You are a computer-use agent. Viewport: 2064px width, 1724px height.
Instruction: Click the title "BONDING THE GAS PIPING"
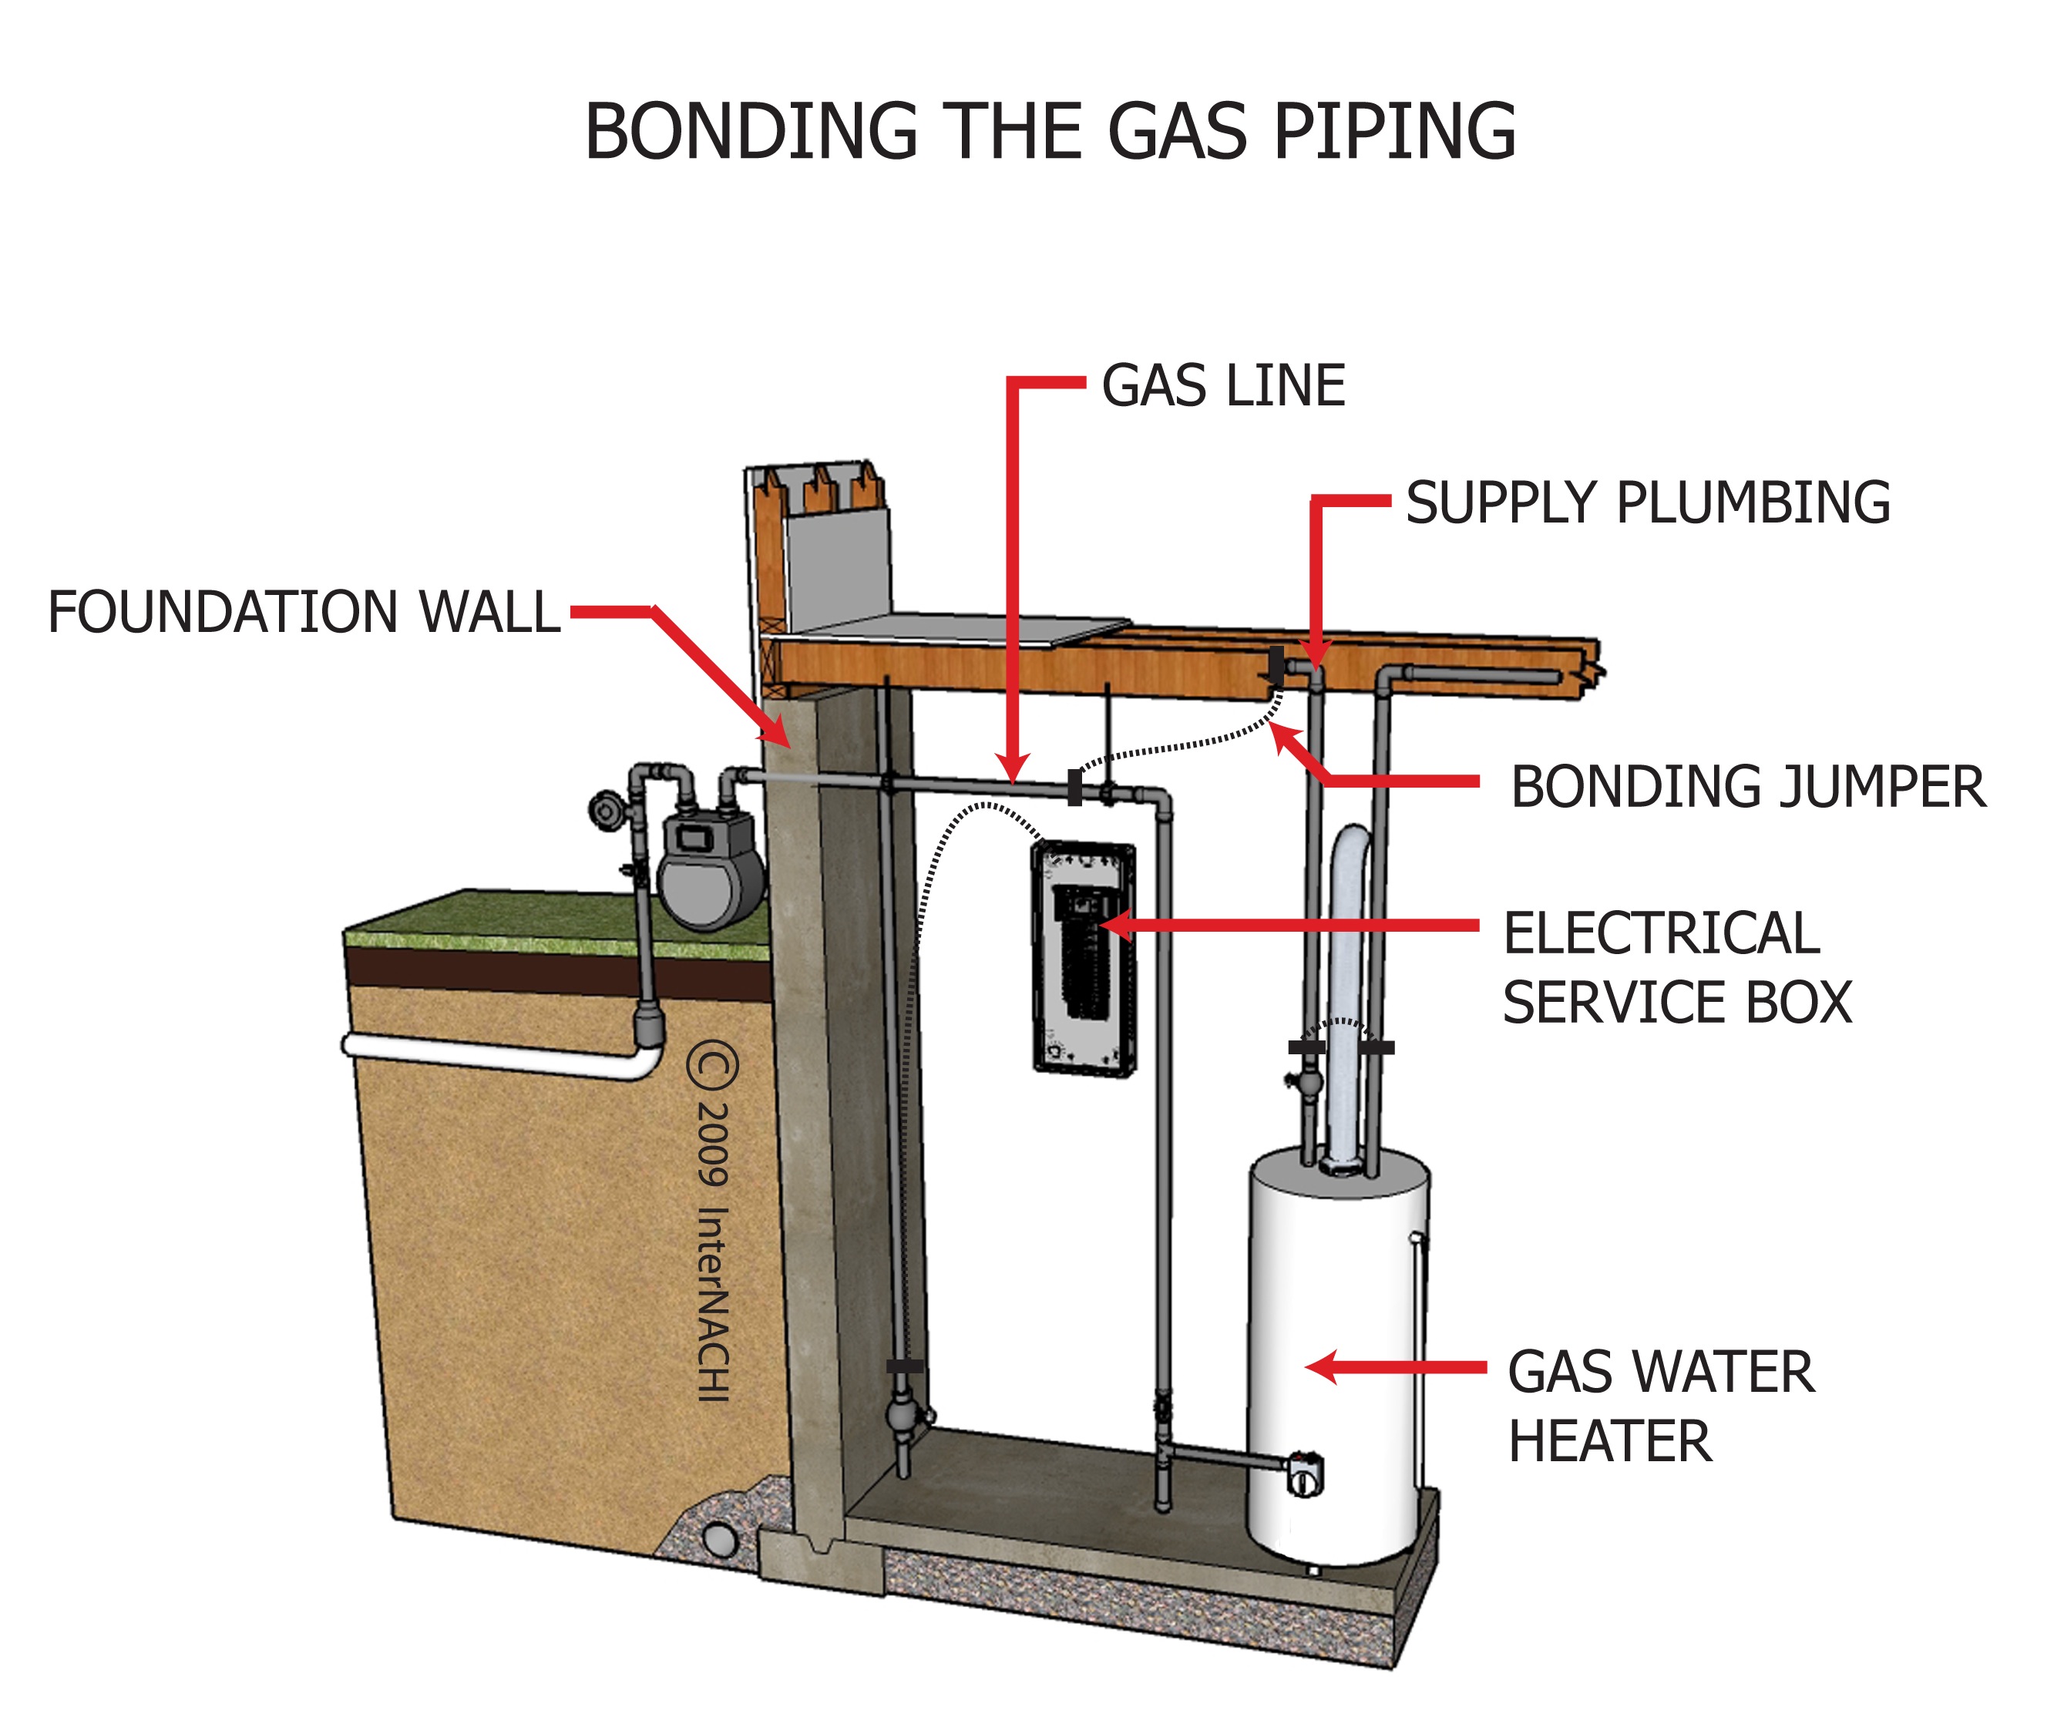pyautogui.click(x=1050, y=131)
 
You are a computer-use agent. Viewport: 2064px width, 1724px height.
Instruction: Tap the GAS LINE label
pyautogui.click(x=1222, y=385)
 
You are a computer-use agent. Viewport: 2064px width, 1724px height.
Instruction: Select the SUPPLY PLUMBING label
pyautogui.click(x=1647, y=503)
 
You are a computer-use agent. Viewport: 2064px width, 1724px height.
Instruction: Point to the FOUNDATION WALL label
pyautogui.click(x=304, y=613)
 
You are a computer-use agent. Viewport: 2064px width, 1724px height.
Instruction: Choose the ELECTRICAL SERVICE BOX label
pyautogui.click(x=1677, y=967)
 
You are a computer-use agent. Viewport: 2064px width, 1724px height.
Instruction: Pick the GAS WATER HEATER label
pyautogui.click(x=1661, y=1406)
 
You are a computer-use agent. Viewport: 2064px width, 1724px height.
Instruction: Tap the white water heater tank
pyautogui.click(x=1338, y=1356)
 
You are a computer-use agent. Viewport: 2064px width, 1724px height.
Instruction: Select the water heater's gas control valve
pyautogui.click(x=1304, y=1474)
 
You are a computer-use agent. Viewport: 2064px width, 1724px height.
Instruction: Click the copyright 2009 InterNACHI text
pyautogui.click(x=714, y=1221)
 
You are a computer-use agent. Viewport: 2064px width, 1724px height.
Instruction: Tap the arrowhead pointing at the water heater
pyautogui.click(x=1322, y=1367)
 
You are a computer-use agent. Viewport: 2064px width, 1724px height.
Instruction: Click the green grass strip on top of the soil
pyautogui.click(x=556, y=924)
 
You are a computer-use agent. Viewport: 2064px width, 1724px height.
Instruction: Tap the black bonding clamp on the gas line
pyautogui.click(x=1074, y=788)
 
